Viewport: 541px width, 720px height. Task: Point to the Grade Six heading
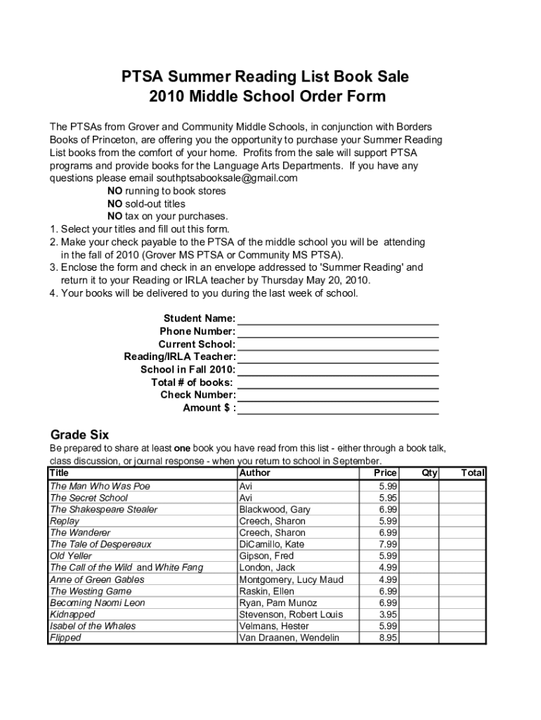click(79, 434)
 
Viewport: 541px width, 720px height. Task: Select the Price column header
click(385, 472)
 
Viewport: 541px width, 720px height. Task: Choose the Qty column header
click(429, 472)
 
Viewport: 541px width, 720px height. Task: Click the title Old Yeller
click(71, 555)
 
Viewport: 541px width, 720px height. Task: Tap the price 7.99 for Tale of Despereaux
click(388, 544)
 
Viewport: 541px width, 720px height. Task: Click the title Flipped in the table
click(65, 638)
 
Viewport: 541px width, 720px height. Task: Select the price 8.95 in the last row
click(388, 638)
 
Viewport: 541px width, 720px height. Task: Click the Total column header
click(473, 472)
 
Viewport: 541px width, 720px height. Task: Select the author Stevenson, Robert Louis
click(291, 615)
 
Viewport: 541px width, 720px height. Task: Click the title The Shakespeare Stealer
click(103, 509)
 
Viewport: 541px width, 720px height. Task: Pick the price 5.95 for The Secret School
click(388, 498)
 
